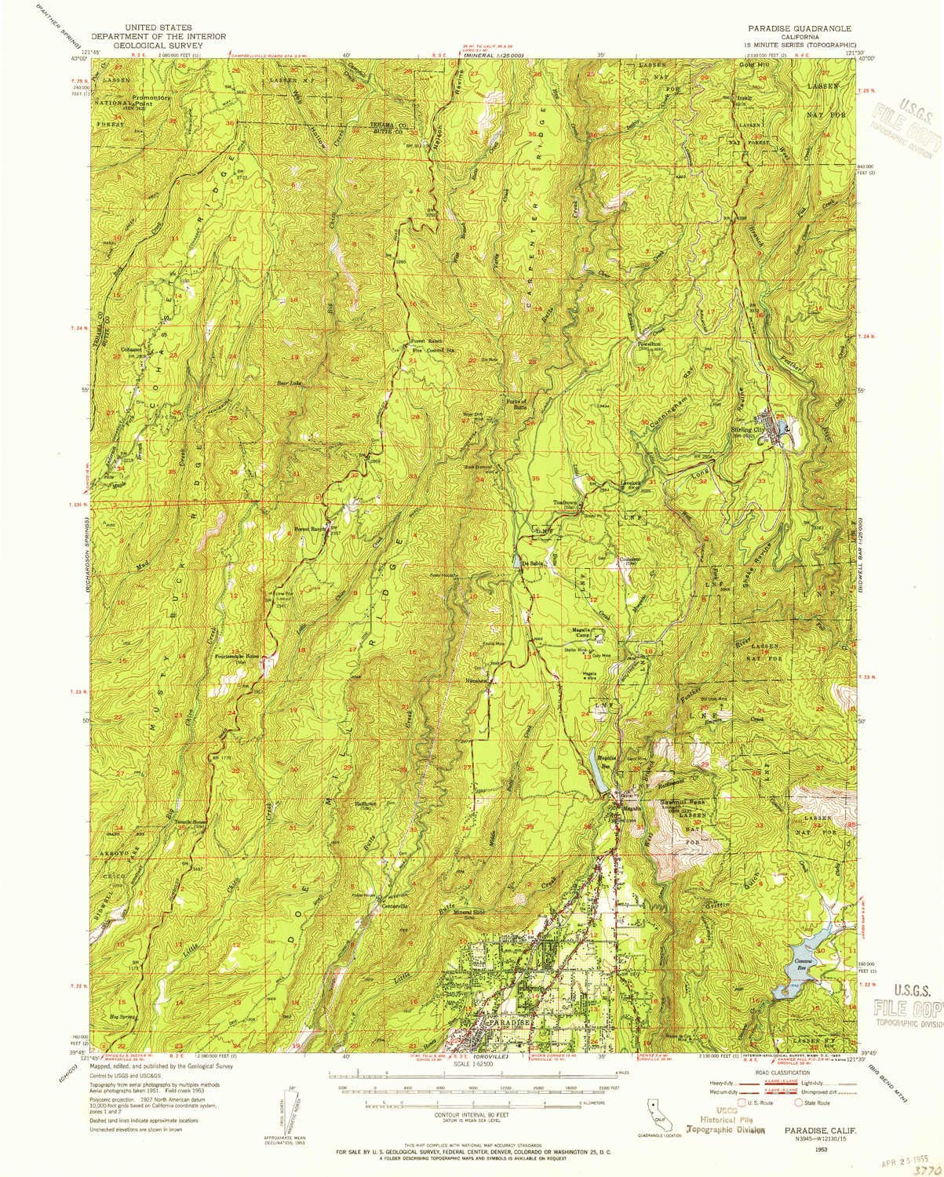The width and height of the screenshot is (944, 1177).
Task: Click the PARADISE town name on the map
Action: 510,1024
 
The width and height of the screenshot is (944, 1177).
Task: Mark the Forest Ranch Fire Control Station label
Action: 429,344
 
